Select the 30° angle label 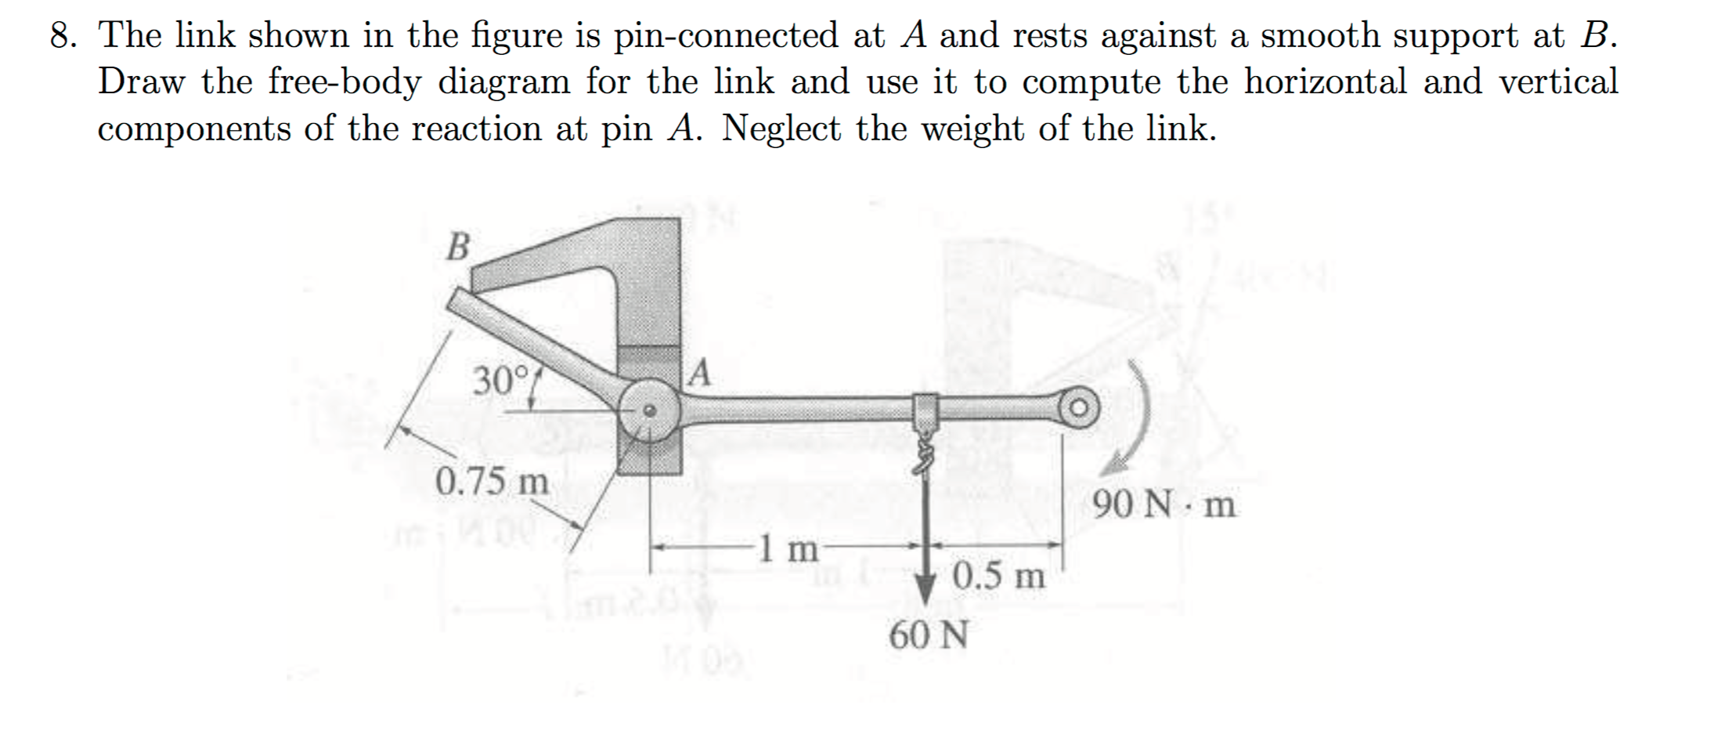click(502, 381)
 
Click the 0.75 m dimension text click(492, 480)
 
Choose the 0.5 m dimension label click(999, 577)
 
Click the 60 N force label click(929, 635)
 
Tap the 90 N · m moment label click(1164, 505)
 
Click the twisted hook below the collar click(925, 454)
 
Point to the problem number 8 click(62, 35)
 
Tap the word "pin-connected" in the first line click(726, 35)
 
